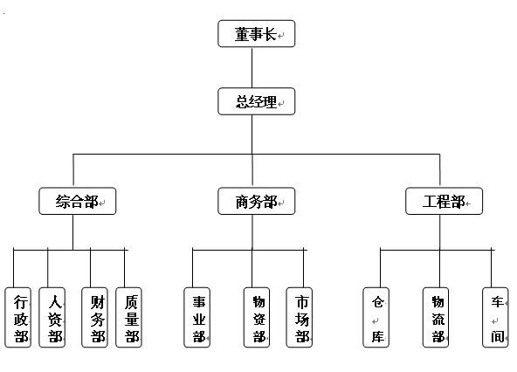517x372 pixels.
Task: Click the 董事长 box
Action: pos(256,34)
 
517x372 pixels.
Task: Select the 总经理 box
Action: pos(256,101)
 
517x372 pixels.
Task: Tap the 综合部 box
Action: pos(78,201)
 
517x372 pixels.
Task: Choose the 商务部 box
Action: pos(256,201)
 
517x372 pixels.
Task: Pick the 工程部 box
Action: pos(444,201)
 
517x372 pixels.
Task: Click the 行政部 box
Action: pos(18,317)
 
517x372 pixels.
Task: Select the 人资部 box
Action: pos(52,317)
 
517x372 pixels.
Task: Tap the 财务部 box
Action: pos(94,317)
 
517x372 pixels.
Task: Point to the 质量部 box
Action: pos(129,317)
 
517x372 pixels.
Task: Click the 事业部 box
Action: pos(196,317)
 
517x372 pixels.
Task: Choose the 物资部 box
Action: pos(257,317)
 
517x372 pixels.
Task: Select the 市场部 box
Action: pos(300,317)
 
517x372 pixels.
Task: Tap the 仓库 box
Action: pos(376,317)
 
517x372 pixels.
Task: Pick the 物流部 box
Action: pos(436,317)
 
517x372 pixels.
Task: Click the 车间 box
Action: pos(495,317)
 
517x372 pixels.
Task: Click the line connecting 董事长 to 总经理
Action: pos(252,67)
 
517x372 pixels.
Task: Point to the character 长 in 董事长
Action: pos(269,34)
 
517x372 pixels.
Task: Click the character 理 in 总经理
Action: pos(269,102)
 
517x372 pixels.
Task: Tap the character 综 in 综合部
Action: pos(63,202)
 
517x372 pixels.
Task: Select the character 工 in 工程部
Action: pos(430,202)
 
